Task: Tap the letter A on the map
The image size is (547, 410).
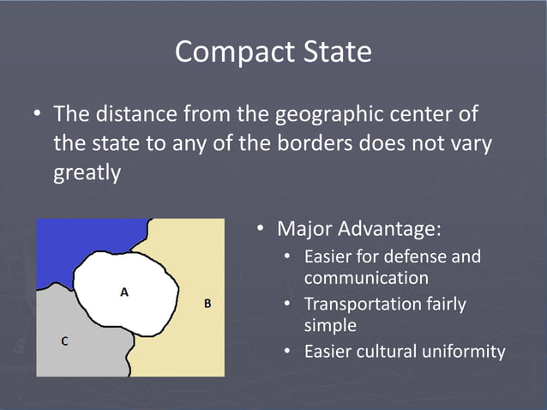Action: coord(124,292)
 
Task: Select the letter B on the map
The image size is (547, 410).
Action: coord(207,304)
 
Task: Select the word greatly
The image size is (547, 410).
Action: coord(87,172)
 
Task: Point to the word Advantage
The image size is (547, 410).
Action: coord(391,230)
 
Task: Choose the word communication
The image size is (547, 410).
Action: coord(366,278)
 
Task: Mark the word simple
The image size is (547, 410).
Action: coord(330,325)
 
